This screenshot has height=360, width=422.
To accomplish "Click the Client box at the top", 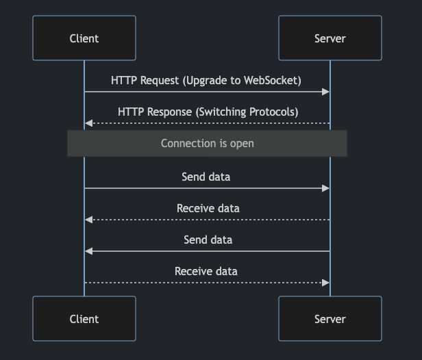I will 84,38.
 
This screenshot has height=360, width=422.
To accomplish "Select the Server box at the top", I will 330,38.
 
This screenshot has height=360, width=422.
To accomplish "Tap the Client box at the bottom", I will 84,319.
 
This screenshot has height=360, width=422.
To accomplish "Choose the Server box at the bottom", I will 330,319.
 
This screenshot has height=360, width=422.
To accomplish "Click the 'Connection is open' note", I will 207,144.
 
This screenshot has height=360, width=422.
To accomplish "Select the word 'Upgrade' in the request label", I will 208,81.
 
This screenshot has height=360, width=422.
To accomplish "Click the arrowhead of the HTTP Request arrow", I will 327,92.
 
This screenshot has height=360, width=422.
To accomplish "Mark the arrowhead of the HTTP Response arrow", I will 88,123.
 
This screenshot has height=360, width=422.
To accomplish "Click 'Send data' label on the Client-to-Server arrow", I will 206,177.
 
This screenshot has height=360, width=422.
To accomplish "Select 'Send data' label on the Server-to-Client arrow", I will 208,240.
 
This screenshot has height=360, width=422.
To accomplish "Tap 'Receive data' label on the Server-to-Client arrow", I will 208,208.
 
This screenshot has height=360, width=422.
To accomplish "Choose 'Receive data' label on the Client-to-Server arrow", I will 206,272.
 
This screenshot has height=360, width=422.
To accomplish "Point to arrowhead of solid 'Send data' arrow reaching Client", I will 88,251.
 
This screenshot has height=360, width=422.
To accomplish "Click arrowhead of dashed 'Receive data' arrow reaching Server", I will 327,283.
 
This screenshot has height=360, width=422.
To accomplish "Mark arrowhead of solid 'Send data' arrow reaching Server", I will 327,188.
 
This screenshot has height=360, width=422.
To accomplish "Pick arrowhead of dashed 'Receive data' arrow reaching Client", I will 88,220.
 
